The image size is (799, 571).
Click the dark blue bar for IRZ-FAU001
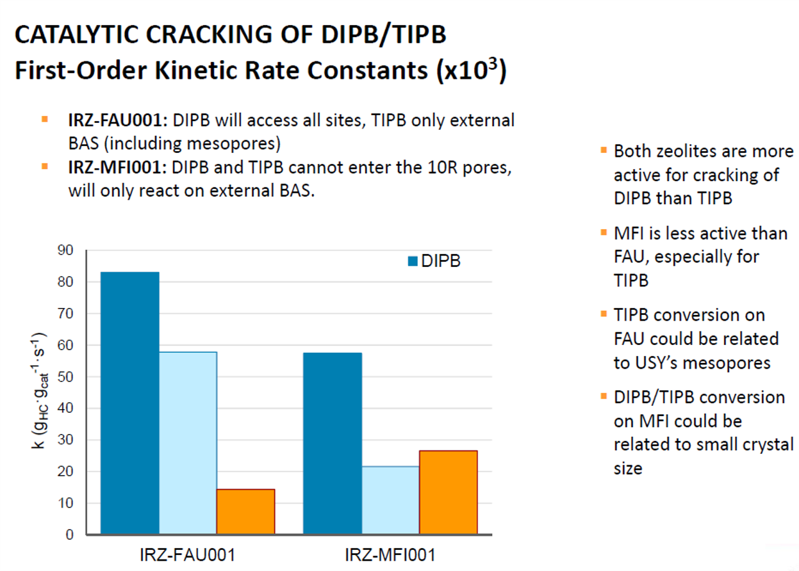tap(130, 403)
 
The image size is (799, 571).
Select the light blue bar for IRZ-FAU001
tap(188, 443)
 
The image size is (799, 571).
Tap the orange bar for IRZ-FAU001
tap(246, 512)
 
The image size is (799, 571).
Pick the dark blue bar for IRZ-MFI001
tap(333, 444)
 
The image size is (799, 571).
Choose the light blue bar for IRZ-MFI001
tap(391, 500)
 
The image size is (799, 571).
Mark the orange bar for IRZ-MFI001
tap(449, 492)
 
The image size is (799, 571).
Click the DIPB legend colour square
tap(413, 261)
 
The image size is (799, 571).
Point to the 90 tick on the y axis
tap(65, 250)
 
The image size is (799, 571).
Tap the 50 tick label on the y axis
tap(65, 377)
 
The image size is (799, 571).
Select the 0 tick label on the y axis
tap(70, 535)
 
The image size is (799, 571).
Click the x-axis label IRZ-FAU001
tap(188, 555)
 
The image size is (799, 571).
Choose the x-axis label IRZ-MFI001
tap(390, 555)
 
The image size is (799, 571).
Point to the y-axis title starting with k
tap(39, 390)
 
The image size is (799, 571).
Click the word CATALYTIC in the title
tap(77, 35)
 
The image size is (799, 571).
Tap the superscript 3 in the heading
tap(493, 63)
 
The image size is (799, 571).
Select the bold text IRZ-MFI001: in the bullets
tap(118, 167)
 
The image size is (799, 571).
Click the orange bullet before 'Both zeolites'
tap(604, 150)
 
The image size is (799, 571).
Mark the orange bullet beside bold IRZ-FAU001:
tap(45, 120)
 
